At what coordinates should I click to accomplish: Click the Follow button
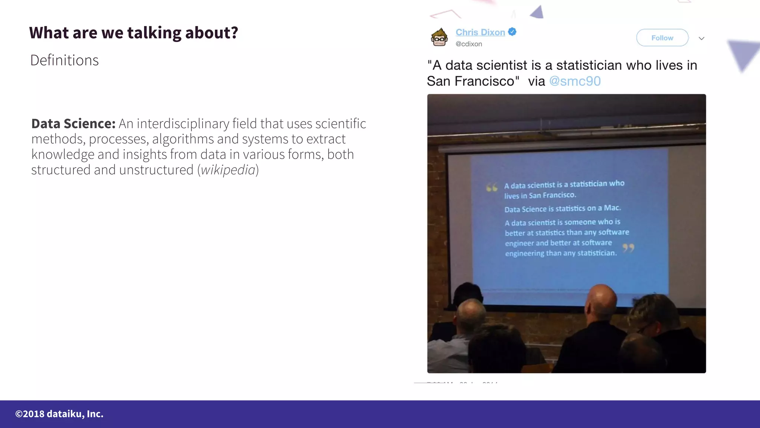(662, 38)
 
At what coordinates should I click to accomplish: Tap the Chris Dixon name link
(480, 32)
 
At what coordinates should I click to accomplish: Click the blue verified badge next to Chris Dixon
(512, 32)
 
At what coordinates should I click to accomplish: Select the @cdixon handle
(469, 44)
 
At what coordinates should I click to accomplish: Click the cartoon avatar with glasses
(439, 38)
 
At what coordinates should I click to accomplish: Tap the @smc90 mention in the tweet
(574, 81)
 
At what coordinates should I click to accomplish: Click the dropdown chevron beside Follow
(701, 38)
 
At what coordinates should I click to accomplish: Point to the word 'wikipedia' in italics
(228, 170)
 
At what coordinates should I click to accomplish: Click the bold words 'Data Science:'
(73, 124)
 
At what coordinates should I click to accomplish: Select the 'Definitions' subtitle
(65, 60)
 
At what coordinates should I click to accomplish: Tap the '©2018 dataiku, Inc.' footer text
(59, 414)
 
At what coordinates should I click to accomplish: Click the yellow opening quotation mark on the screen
(492, 188)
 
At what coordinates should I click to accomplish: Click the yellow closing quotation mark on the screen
(628, 248)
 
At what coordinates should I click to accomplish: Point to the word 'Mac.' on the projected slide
(612, 208)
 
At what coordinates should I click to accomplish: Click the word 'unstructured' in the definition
(156, 170)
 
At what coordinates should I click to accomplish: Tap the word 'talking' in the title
(154, 33)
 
